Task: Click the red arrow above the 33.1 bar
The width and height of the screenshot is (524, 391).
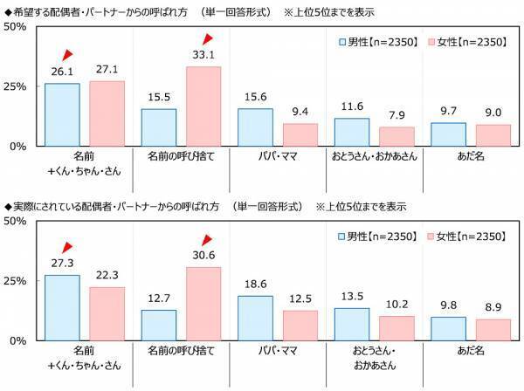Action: pos(209,39)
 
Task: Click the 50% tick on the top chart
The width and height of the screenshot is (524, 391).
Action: pos(17,26)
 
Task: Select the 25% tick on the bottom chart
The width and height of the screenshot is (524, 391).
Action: pos(17,280)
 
